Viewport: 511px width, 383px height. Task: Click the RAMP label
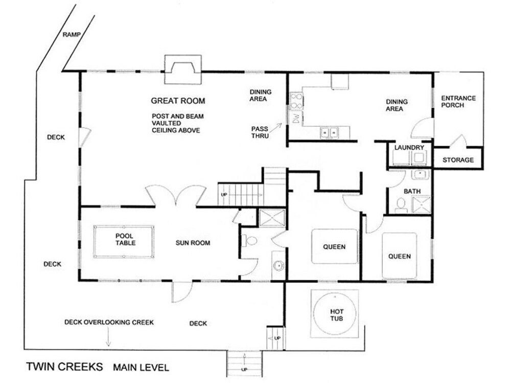[72, 34]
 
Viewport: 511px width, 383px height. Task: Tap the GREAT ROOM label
[178, 101]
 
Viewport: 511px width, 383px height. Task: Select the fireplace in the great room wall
[183, 69]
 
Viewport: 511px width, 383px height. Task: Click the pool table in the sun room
[124, 242]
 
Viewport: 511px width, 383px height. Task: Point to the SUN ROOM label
[193, 243]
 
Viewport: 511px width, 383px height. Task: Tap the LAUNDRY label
[409, 148]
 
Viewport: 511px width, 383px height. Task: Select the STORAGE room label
[458, 160]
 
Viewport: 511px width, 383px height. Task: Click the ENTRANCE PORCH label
[458, 102]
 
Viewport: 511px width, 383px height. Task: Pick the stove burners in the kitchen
[296, 101]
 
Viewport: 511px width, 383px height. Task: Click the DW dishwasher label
[296, 118]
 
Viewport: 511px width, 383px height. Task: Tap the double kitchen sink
[329, 133]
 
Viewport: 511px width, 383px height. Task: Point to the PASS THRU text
[260, 132]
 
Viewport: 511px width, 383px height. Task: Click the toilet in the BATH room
[401, 205]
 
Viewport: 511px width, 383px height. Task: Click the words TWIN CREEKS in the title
[64, 367]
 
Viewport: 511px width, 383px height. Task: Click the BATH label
[412, 191]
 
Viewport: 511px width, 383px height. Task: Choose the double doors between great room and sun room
[176, 196]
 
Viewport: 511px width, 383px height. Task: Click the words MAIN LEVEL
[141, 368]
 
